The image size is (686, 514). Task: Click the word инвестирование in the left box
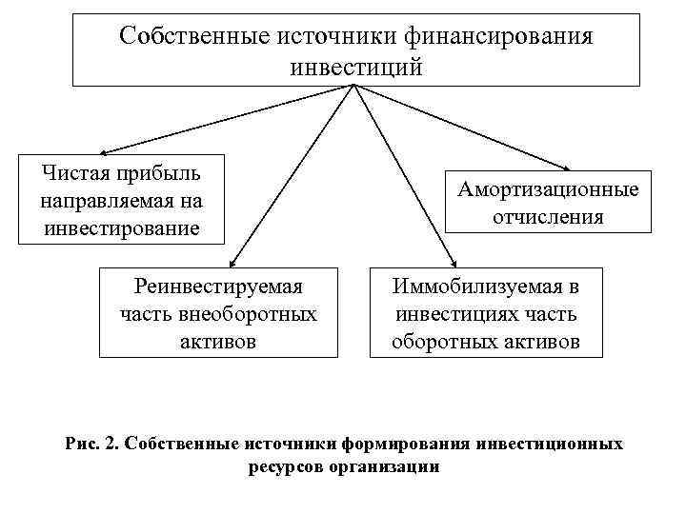pos(121,228)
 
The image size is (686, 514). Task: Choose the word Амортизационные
pos(548,189)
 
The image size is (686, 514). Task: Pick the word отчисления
pos(548,217)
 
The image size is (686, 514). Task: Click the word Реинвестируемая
pos(218,286)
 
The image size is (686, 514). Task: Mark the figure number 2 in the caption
pos(111,444)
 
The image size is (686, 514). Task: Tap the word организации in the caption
pos(386,466)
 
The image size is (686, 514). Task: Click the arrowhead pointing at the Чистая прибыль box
pos(102,151)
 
